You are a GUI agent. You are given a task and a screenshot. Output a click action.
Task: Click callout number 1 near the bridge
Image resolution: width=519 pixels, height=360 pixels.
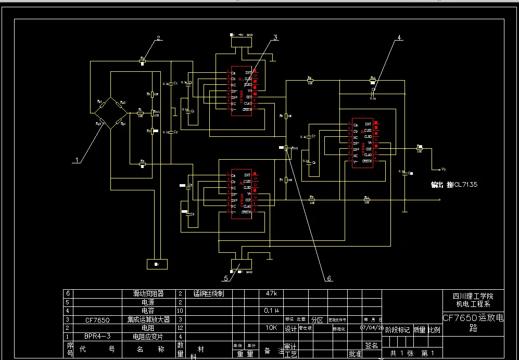coord(77,160)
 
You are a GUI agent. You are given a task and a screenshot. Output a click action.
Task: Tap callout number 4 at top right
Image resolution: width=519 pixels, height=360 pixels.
coord(399,37)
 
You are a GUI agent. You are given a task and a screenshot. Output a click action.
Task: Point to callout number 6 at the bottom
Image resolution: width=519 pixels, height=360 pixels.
coord(329,278)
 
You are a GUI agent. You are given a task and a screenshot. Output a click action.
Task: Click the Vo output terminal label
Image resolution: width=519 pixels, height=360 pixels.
coord(443,169)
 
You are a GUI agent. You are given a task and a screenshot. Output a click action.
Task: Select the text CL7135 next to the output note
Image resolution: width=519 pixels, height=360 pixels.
coord(465,185)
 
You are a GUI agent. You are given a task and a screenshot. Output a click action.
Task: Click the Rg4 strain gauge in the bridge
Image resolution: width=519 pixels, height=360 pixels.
coord(121,123)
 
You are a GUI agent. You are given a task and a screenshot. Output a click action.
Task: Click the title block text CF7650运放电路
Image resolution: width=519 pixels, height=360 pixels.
coord(473,322)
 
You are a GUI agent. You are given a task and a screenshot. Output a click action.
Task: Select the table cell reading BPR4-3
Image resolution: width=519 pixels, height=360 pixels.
coord(97,337)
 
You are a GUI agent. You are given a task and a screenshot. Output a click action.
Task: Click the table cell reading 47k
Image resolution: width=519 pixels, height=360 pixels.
coord(272,293)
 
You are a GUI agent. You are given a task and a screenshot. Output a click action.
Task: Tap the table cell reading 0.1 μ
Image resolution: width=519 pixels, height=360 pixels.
coord(272,311)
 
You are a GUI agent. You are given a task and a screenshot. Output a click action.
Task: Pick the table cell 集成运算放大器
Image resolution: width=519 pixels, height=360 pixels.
coord(145,319)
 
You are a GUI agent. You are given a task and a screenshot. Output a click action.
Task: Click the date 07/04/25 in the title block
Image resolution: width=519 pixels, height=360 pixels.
coord(371,328)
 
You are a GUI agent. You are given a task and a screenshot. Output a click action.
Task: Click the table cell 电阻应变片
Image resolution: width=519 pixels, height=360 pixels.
coord(145,337)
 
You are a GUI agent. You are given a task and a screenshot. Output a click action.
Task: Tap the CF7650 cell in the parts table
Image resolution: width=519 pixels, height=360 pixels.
coord(97,319)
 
